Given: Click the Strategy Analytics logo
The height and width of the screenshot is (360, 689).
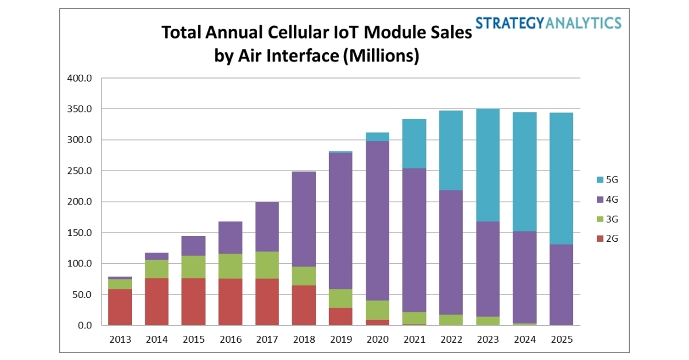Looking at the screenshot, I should click(548, 22).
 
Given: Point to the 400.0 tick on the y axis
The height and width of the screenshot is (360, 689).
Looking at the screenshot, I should click(80, 78).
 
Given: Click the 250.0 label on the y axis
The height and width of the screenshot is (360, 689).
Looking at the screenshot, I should click(80, 171).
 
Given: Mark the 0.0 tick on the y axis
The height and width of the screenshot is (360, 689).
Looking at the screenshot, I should click(84, 326).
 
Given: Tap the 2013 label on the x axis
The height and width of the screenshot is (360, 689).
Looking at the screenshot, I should click(119, 339).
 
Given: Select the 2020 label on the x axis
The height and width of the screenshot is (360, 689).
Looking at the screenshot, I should click(377, 339).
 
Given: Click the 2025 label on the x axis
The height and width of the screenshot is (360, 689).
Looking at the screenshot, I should click(560, 339).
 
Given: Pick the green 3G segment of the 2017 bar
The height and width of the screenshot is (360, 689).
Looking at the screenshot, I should click(266, 265).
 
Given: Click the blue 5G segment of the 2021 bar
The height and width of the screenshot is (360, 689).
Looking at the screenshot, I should click(413, 144).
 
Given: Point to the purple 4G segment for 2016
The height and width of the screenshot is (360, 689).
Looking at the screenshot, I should click(230, 238).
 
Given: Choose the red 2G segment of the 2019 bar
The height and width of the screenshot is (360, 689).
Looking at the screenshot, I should click(340, 316).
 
